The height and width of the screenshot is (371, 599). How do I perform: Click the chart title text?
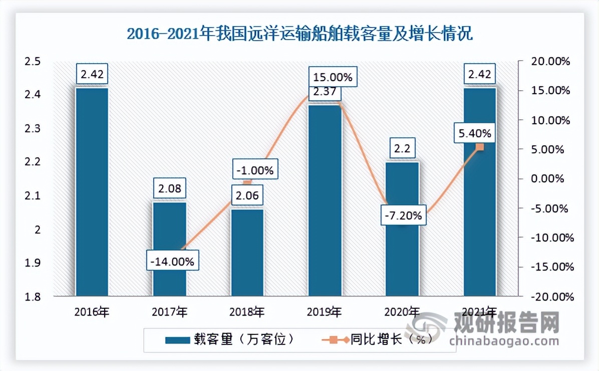tap(300, 35)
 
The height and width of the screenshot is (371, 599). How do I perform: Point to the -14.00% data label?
tap(171, 262)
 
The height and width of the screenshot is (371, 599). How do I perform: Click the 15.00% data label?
tap(333, 78)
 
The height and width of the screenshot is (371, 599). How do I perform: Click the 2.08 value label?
tap(169, 189)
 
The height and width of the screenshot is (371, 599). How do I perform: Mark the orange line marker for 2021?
tap(479, 147)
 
